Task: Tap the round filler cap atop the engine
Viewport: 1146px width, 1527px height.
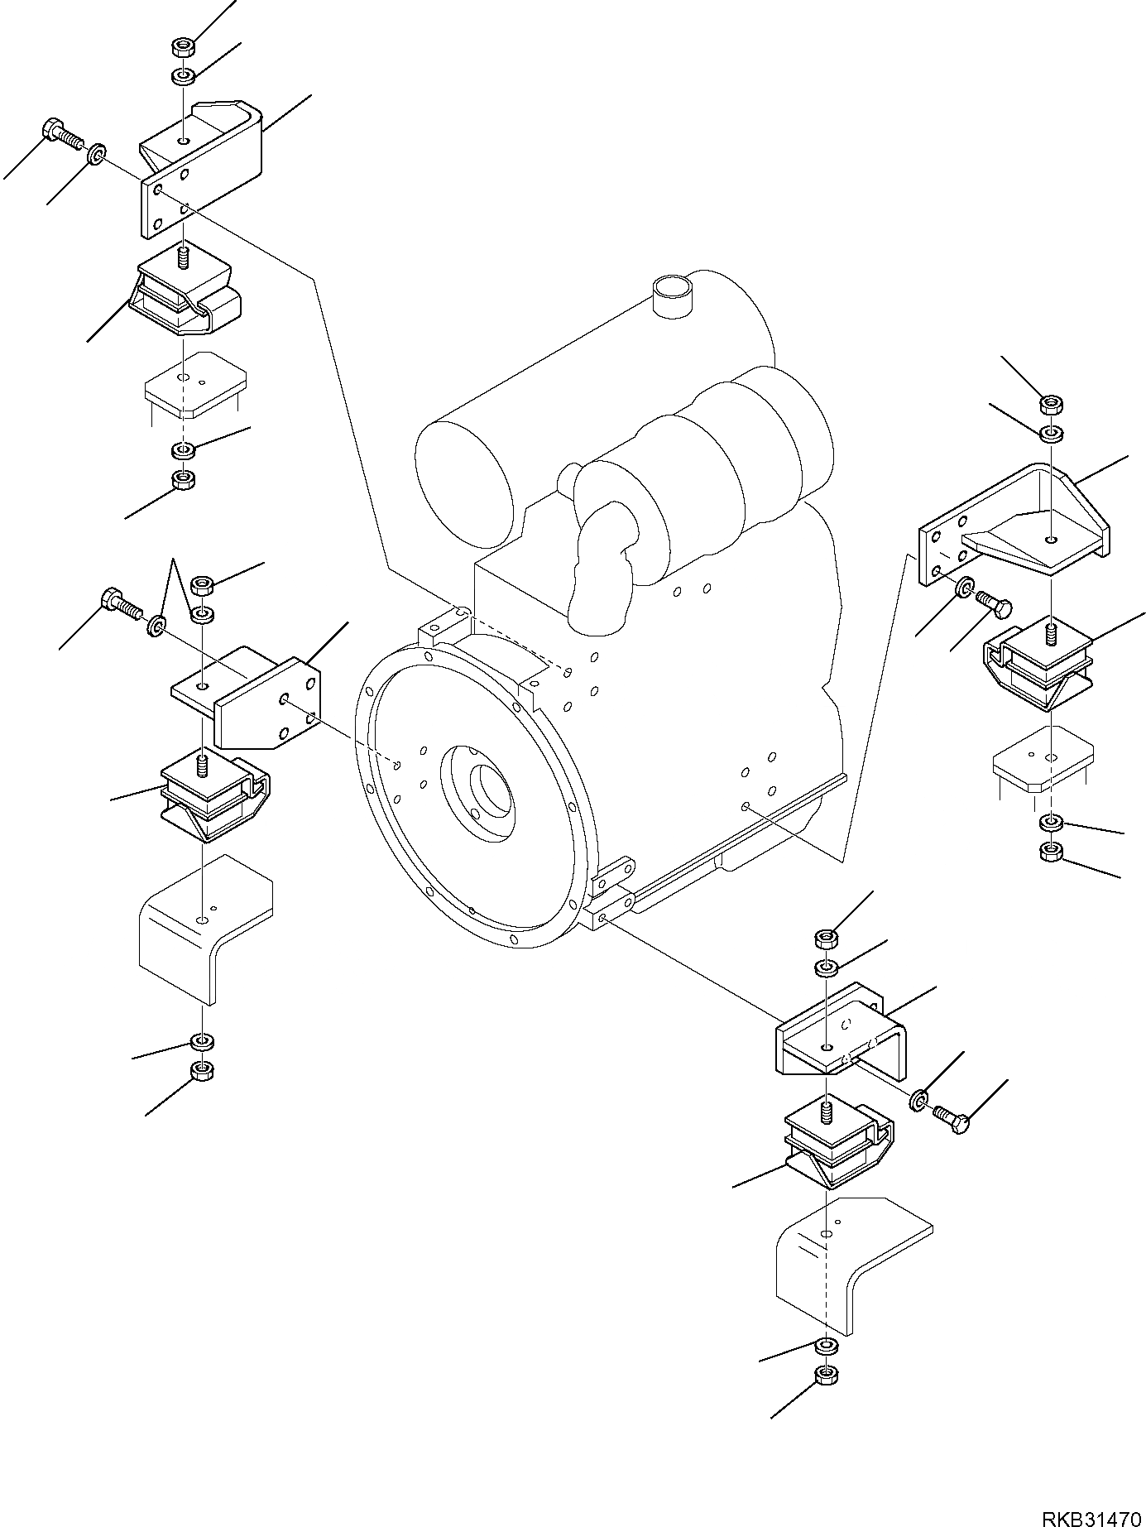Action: [671, 295]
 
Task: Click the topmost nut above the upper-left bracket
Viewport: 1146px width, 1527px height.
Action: [183, 46]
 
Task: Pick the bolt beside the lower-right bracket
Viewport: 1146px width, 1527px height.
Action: [951, 1118]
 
